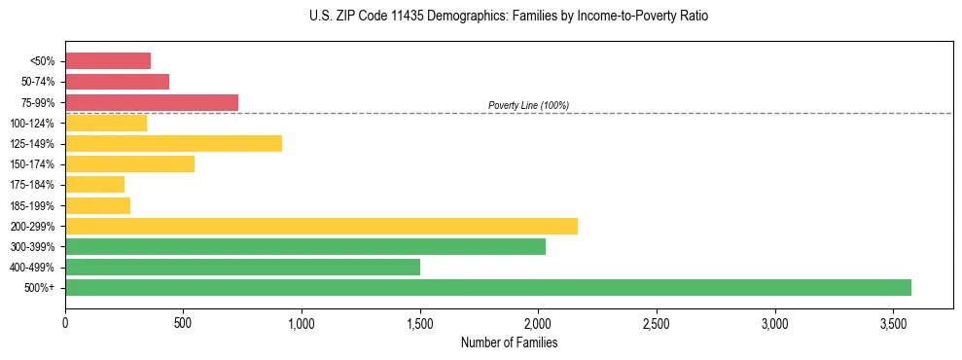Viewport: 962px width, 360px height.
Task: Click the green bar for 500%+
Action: (488, 287)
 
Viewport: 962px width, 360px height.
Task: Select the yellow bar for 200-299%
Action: (321, 226)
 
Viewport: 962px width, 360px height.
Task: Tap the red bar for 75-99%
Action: (152, 102)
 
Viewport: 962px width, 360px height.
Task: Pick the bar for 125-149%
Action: (173, 143)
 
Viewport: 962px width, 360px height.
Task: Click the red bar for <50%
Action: (108, 60)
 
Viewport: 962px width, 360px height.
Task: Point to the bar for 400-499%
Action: (242, 267)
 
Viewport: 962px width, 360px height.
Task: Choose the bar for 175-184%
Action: (94, 184)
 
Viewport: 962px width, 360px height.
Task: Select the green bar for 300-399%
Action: (305, 246)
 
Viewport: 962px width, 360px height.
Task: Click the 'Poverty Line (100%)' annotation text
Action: (528, 105)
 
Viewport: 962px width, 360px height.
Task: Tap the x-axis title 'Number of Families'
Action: (509, 342)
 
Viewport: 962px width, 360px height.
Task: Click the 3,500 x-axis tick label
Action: (893, 322)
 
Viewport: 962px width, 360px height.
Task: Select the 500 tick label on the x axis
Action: (183, 322)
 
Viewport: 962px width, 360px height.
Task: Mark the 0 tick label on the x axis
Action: (65, 322)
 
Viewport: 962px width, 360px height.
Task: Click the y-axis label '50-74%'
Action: (38, 82)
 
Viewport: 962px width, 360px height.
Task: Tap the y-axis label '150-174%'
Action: (33, 163)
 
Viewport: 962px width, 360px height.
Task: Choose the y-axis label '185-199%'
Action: (33, 205)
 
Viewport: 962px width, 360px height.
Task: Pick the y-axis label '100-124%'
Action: (33, 123)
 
